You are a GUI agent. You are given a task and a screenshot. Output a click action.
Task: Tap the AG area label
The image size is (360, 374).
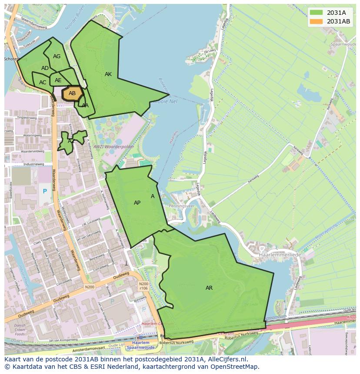point(57,56)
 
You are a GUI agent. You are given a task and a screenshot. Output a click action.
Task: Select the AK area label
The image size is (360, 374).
point(108,74)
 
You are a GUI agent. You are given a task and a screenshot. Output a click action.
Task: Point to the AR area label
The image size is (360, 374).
point(209,288)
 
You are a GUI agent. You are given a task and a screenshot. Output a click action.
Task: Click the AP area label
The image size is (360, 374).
point(137,203)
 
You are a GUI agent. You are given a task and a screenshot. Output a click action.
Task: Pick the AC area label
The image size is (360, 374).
point(43,83)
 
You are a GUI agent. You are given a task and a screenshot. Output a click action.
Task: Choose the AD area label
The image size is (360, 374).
point(45,68)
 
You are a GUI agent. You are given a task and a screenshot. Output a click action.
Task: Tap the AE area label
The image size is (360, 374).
point(58,80)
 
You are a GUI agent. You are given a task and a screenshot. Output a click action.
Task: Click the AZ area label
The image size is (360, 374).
point(71,141)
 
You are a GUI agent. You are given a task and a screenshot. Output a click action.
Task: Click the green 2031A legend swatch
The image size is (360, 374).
point(317,12)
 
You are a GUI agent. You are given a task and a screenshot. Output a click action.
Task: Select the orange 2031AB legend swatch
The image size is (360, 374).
point(317,21)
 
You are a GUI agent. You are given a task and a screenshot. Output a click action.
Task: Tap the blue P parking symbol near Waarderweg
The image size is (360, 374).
point(44,191)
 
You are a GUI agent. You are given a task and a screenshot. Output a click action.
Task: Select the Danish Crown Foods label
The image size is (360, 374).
point(20,330)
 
